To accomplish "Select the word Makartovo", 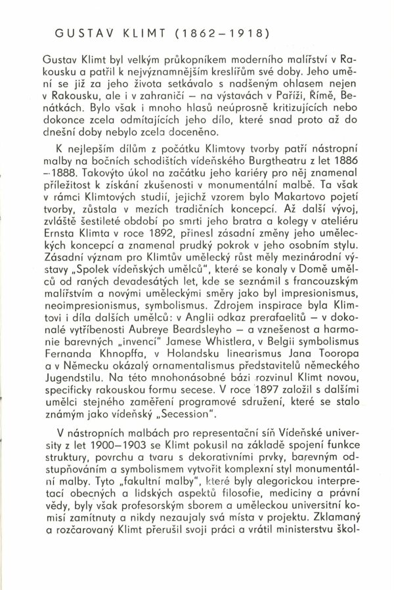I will (309, 211).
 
